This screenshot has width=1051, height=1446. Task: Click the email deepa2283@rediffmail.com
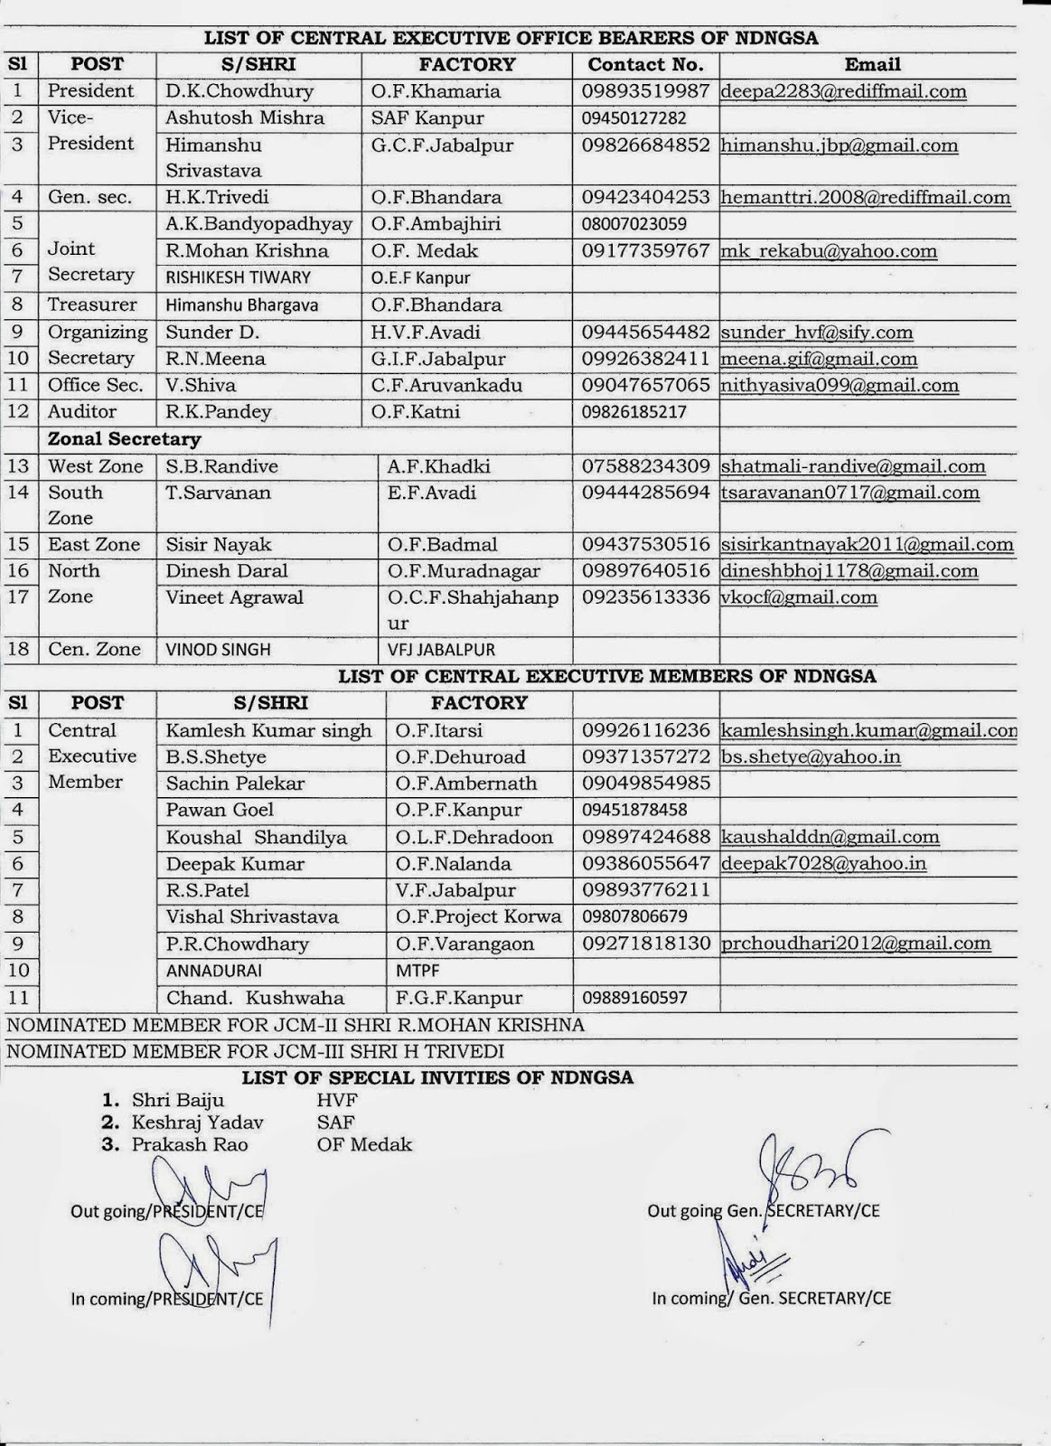(843, 91)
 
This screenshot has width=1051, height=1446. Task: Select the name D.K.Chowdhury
(239, 91)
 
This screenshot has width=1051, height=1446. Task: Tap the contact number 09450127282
(634, 118)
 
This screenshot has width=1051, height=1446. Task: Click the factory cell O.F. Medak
(425, 251)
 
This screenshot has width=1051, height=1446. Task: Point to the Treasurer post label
(92, 305)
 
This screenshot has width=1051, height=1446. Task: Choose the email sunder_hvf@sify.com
(817, 333)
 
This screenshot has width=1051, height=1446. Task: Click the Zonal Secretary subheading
(124, 439)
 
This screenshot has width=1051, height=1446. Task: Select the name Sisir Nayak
(219, 545)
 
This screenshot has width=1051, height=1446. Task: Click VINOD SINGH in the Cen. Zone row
(218, 650)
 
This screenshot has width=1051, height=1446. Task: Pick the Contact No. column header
(645, 64)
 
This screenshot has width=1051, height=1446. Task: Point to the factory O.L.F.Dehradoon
(474, 838)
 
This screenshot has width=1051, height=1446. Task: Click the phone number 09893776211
(646, 890)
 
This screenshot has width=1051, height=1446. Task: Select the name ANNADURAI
(214, 971)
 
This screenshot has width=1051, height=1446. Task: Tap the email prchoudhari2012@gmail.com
(856, 944)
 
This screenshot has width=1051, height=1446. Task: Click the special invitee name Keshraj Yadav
(198, 1122)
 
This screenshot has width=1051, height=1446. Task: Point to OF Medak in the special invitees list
(364, 1145)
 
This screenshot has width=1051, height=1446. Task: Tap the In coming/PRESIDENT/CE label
(167, 1299)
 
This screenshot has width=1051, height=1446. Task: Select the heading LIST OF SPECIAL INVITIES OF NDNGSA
(437, 1077)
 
